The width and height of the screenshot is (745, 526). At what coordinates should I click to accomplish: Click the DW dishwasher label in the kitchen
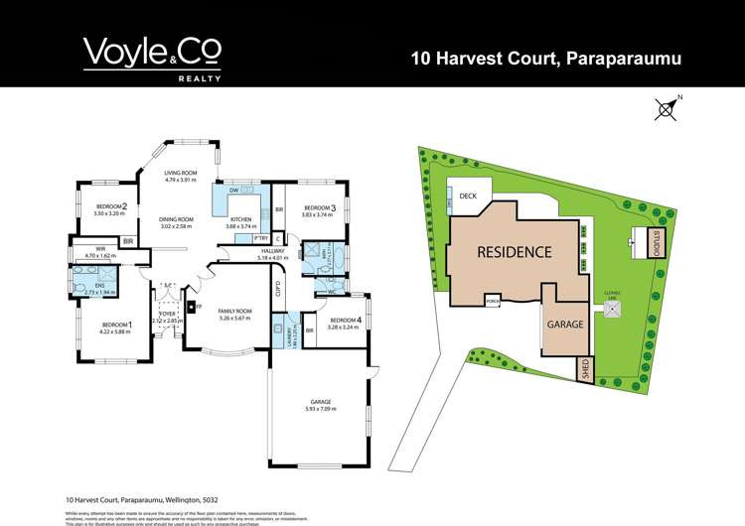click(233, 190)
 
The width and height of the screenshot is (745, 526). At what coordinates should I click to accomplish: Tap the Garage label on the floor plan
click(320, 402)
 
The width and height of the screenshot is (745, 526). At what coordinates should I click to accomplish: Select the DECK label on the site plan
click(469, 197)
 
